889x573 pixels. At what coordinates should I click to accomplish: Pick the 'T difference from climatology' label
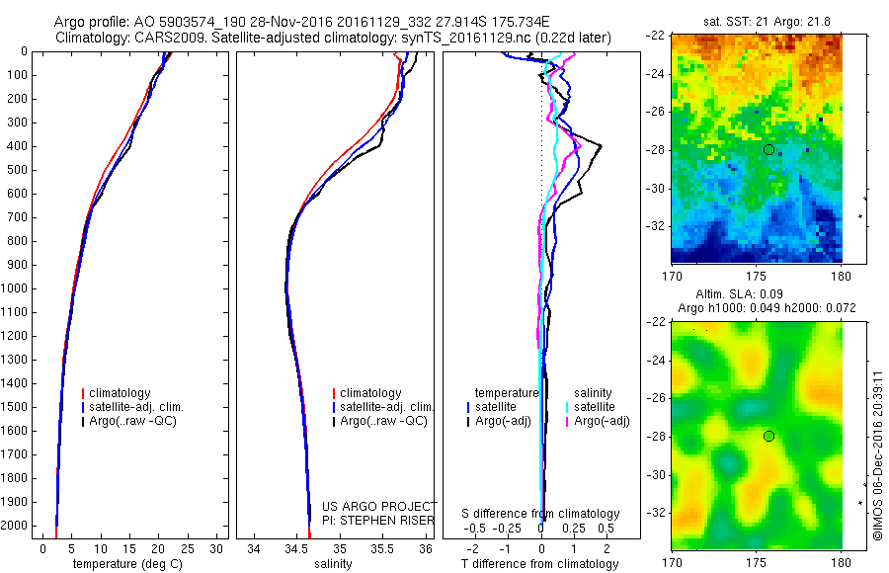point(539,564)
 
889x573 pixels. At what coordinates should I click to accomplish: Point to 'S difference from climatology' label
point(540,514)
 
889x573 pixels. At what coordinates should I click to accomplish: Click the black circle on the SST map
point(768,149)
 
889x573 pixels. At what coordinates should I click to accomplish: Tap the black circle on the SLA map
point(768,436)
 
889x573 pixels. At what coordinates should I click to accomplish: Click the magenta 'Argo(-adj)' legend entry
point(602,421)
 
